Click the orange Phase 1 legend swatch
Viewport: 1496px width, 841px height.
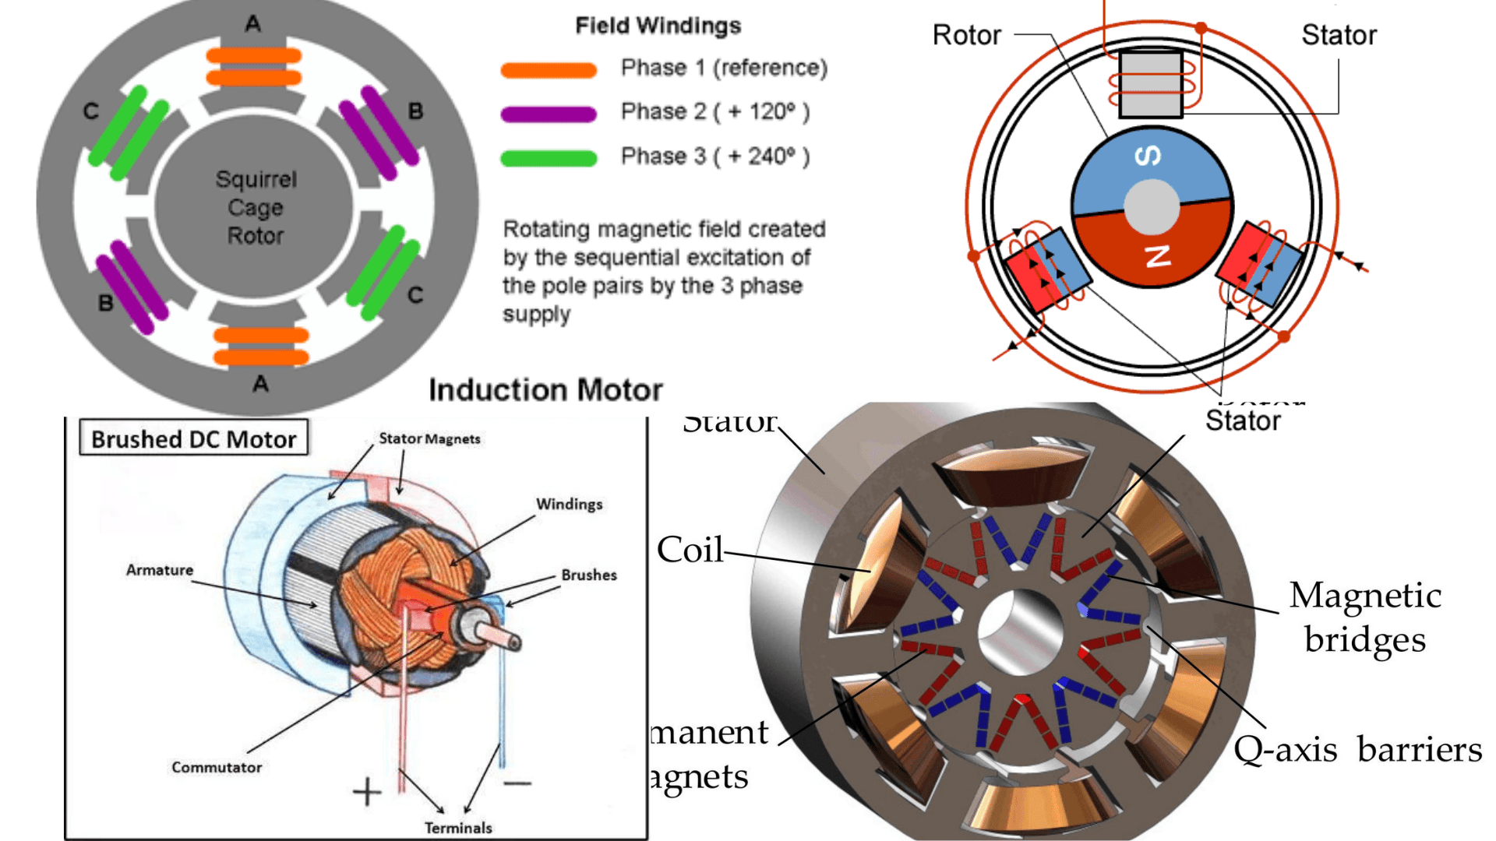549,70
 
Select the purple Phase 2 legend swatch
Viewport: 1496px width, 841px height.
549,114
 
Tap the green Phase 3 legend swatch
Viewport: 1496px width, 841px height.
549,158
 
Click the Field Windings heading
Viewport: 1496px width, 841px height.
658,26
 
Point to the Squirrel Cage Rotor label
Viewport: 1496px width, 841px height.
256,207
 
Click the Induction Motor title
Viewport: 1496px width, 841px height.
545,389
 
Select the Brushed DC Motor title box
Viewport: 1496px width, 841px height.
194,439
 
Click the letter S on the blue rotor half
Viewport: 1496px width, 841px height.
1148,157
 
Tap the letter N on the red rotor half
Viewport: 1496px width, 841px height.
1158,255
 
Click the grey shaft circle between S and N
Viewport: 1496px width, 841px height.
1151,207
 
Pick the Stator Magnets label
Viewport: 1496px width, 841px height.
429,438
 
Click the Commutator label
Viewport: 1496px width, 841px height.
217,767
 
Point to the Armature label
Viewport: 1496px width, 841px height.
160,570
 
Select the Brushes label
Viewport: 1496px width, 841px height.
589,575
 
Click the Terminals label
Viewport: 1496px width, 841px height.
458,828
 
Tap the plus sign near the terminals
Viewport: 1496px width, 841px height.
367,792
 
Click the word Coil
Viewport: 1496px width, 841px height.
690,550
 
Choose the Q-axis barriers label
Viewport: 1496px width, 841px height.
1357,749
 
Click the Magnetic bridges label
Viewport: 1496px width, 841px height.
1365,617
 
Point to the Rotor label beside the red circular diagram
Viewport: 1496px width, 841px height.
966,35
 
